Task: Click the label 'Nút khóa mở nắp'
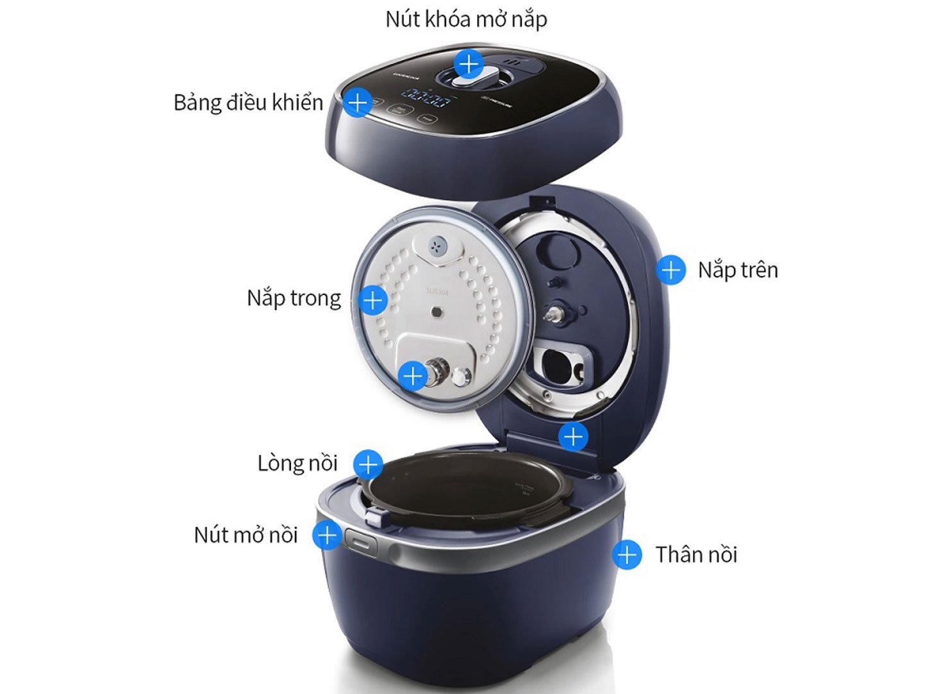466,20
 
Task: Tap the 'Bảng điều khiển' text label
248,103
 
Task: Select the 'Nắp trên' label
738,270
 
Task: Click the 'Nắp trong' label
294,298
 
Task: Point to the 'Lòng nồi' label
297,463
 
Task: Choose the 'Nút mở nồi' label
246,535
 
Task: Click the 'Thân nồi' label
696,555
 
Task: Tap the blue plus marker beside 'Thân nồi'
627,555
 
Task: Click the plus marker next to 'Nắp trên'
671,270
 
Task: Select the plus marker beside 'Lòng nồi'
369,464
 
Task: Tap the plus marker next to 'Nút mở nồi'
327,535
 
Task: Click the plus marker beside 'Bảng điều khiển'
358,103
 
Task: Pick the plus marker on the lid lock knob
469,64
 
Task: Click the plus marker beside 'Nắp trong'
372,300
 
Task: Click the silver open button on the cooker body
362,542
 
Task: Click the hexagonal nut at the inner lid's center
437,312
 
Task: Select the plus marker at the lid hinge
573,437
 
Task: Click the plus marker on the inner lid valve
413,376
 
